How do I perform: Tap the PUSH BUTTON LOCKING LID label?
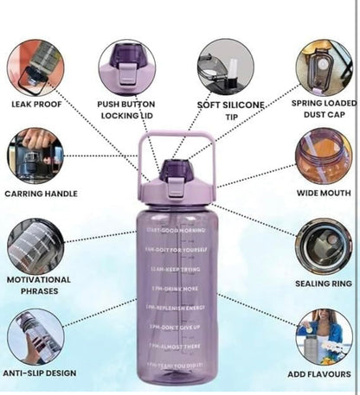point(126,110)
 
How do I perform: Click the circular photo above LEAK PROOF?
point(35,66)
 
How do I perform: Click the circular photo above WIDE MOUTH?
point(323,156)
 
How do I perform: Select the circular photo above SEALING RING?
point(323,245)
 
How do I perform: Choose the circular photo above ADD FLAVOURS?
point(324,336)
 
